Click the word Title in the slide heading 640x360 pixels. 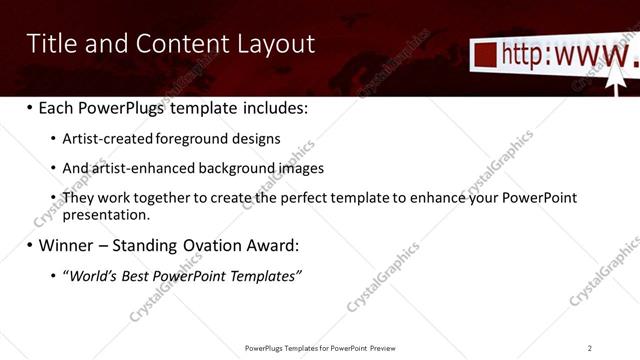[x=49, y=44]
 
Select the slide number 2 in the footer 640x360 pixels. [x=590, y=348]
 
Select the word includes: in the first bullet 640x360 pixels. [x=275, y=107]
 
